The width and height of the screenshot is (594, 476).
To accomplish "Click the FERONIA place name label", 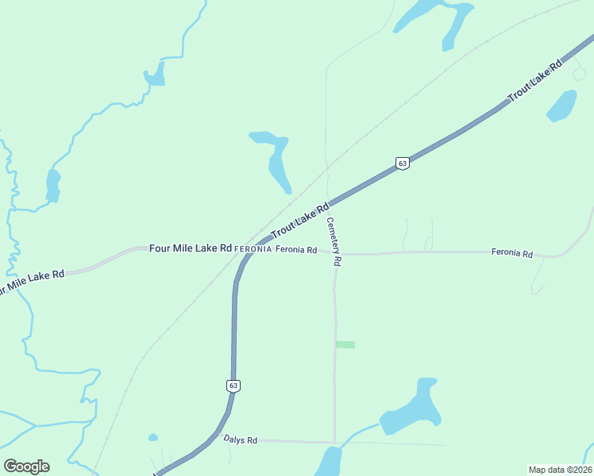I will point(253,249).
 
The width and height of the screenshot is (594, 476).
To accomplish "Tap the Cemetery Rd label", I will point(334,242).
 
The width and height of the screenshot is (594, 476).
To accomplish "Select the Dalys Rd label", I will point(240,440).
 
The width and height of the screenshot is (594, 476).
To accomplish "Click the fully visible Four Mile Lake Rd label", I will point(191,248).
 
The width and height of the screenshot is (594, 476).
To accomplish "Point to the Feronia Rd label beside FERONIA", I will point(296,250).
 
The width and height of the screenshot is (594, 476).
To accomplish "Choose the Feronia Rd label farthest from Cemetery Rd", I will point(511,253).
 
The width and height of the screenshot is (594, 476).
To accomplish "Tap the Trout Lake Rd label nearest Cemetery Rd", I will point(300,221).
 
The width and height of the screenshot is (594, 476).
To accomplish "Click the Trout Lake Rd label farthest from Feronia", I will point(534,80).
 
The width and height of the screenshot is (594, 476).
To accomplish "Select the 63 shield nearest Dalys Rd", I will point(233,386).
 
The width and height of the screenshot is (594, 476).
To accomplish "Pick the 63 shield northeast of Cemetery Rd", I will point(403,163).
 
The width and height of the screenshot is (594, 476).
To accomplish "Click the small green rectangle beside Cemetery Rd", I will point(345,344).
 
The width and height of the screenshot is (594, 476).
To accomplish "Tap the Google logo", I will point(26,466).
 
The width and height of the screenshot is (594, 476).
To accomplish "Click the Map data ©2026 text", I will point(560,469).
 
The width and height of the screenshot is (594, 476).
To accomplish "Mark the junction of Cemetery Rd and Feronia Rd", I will point(334,254).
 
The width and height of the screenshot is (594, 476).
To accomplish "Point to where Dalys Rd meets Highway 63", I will point(218,435).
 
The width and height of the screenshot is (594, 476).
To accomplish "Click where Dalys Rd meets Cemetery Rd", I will point(334,442).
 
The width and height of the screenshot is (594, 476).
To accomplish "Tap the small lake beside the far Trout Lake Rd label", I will point(562,106).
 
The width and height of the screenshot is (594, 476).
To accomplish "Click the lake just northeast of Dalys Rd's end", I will point(411,409).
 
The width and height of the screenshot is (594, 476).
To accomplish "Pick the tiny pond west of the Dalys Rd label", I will point(152,437).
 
